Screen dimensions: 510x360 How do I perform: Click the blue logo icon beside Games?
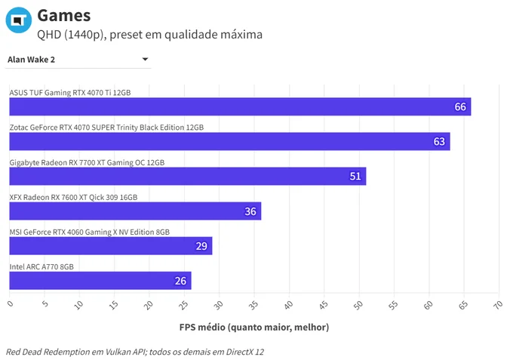pos(19,20)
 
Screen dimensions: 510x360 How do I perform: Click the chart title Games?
pos(63,15)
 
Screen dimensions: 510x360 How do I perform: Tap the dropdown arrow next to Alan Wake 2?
pos(145,59)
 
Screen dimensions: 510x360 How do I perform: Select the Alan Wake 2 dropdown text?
pos(31,60)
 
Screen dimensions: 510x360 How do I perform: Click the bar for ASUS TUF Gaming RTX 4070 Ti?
pos(240,106)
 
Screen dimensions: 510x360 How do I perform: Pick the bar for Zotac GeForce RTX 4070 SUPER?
pos(229,141)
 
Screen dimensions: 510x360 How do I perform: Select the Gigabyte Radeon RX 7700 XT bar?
pos(188,176)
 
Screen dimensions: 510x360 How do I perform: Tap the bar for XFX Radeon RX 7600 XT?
pos(135,211)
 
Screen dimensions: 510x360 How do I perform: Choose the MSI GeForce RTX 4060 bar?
pos(111,246)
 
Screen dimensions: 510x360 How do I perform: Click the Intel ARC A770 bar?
pos(100,281)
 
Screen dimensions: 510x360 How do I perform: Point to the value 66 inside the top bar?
pos(460,106)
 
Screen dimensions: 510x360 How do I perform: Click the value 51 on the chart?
pos(355,177)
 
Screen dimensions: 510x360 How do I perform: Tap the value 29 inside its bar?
pos(201,246)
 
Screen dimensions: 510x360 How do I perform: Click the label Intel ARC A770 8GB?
pos(41,266)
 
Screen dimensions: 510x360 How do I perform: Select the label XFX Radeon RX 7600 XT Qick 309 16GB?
pos(73,197)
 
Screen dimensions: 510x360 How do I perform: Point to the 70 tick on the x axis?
pos(498,305)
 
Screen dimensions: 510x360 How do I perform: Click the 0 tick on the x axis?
pos(11,303)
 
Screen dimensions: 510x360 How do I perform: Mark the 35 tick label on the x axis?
pos(253,305)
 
